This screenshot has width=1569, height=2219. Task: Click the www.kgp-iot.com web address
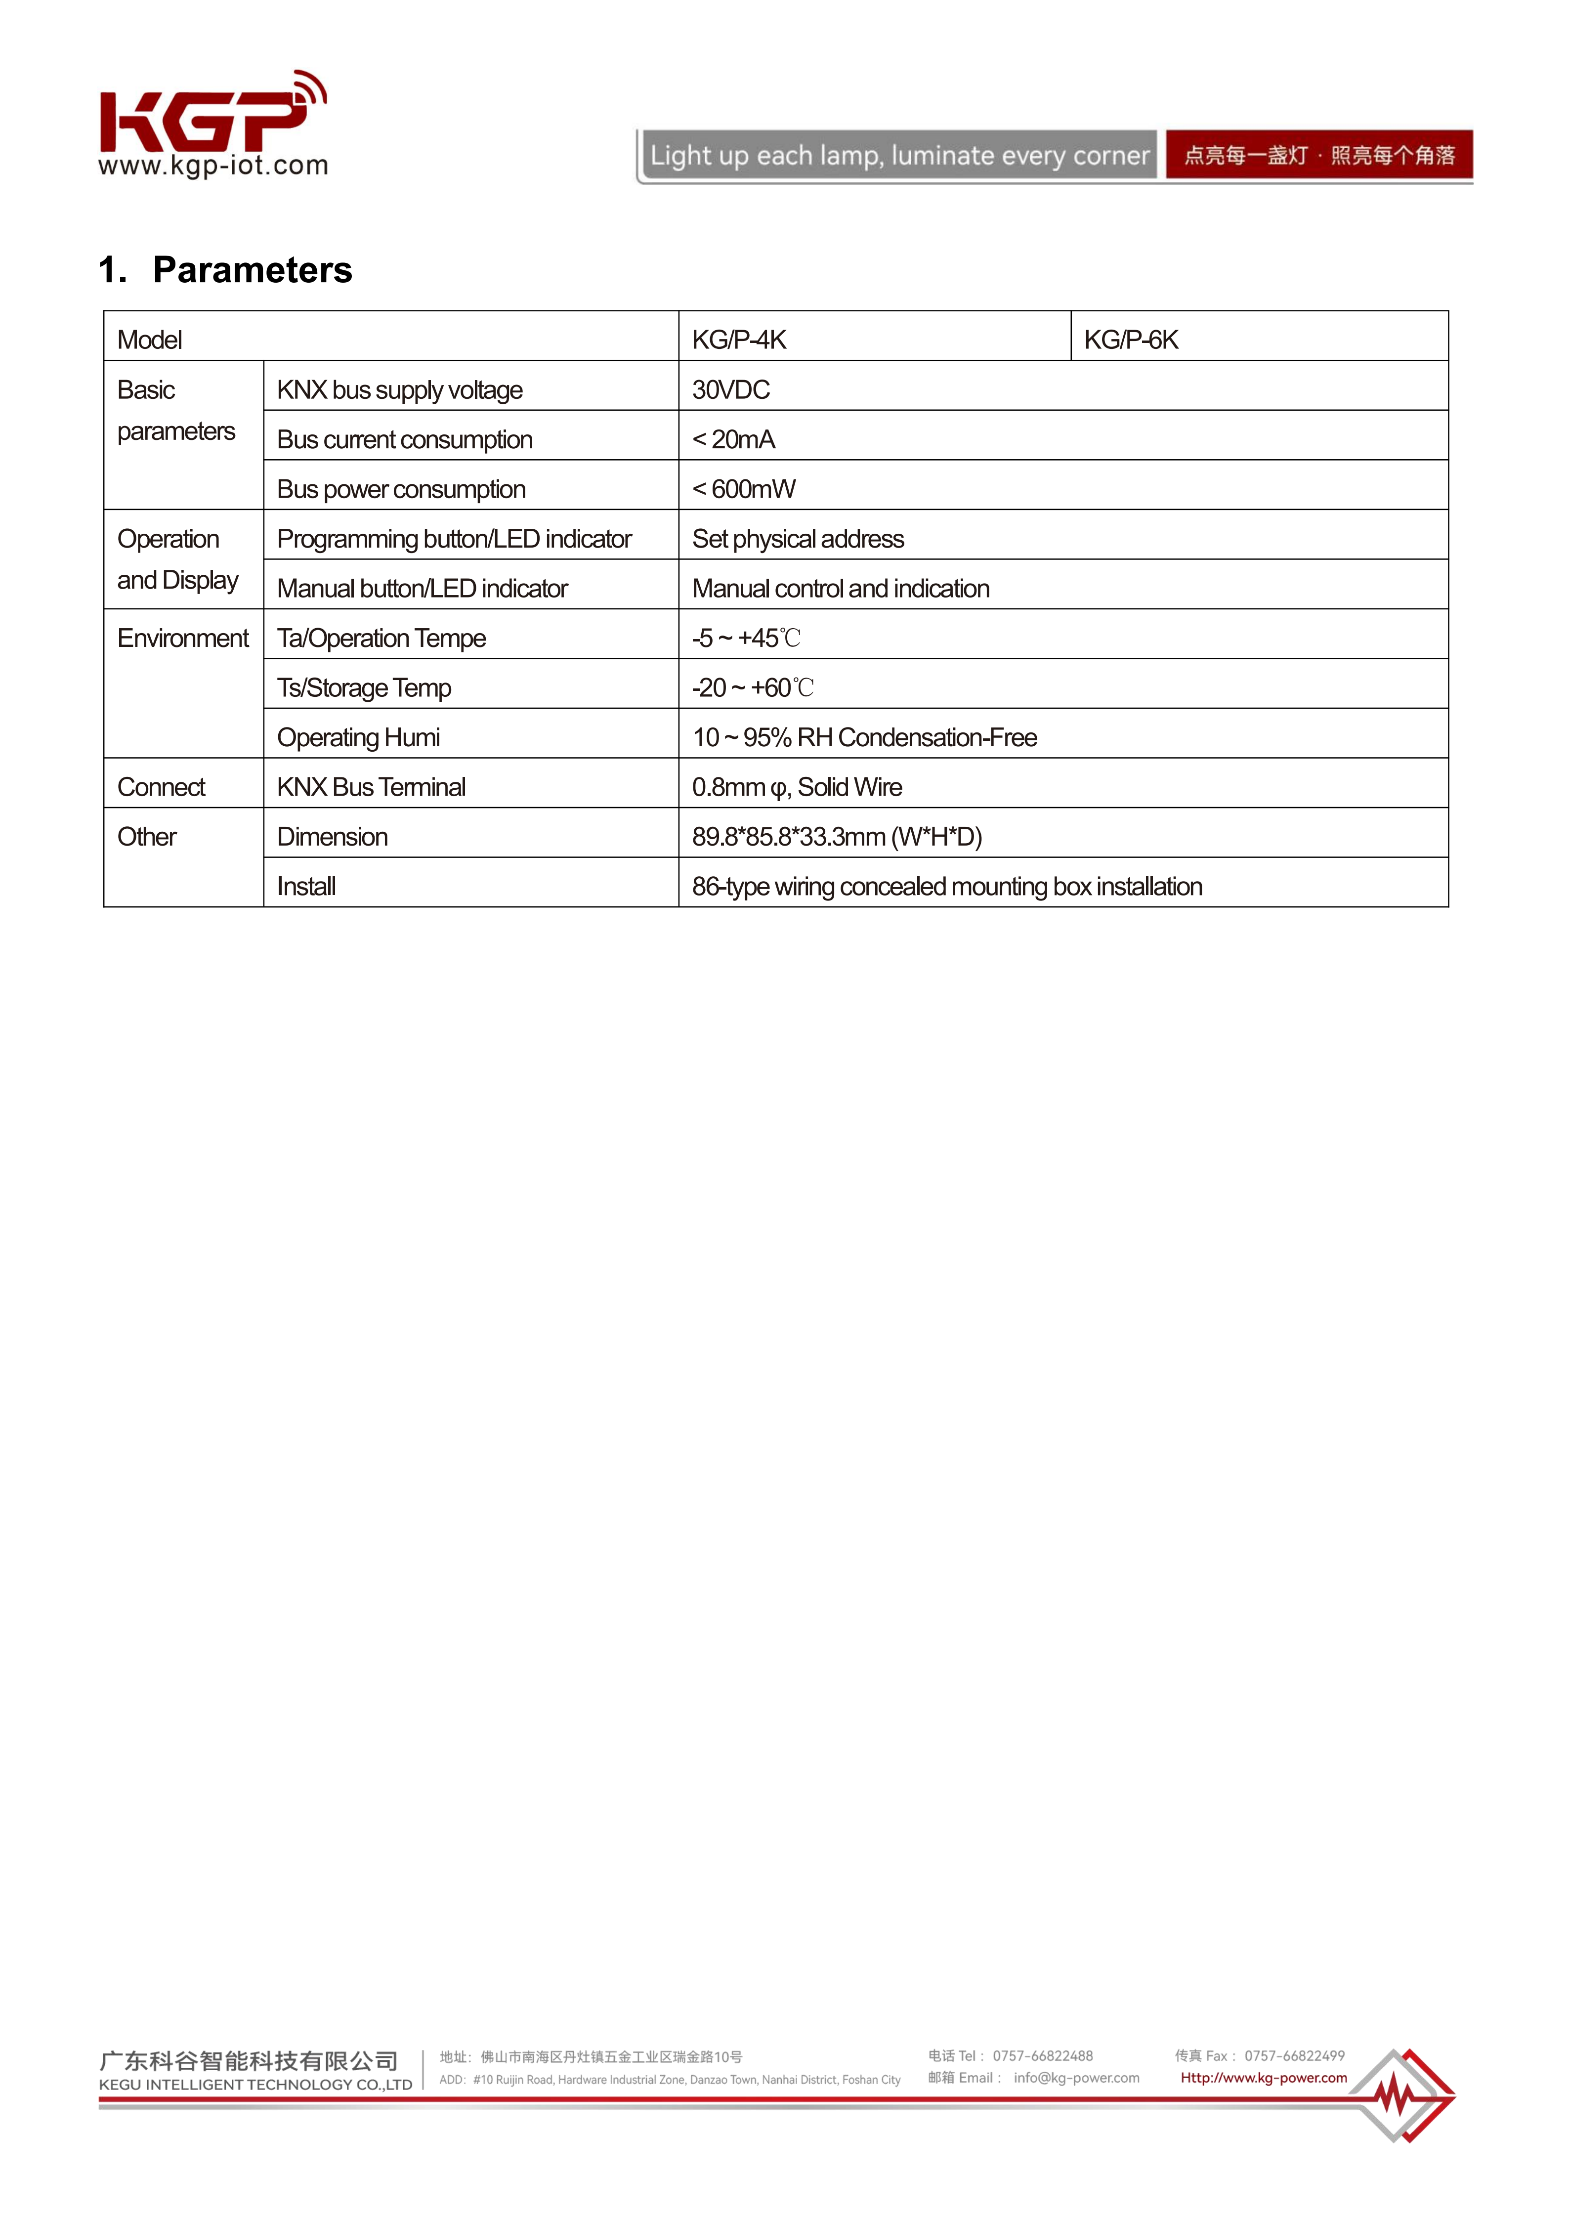(x=213, y=166)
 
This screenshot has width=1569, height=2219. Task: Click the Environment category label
(x=183, y=639)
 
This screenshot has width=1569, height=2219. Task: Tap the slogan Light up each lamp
(x=898, y=156)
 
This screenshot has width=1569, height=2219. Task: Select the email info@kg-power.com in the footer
(x=1076, y=2078)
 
